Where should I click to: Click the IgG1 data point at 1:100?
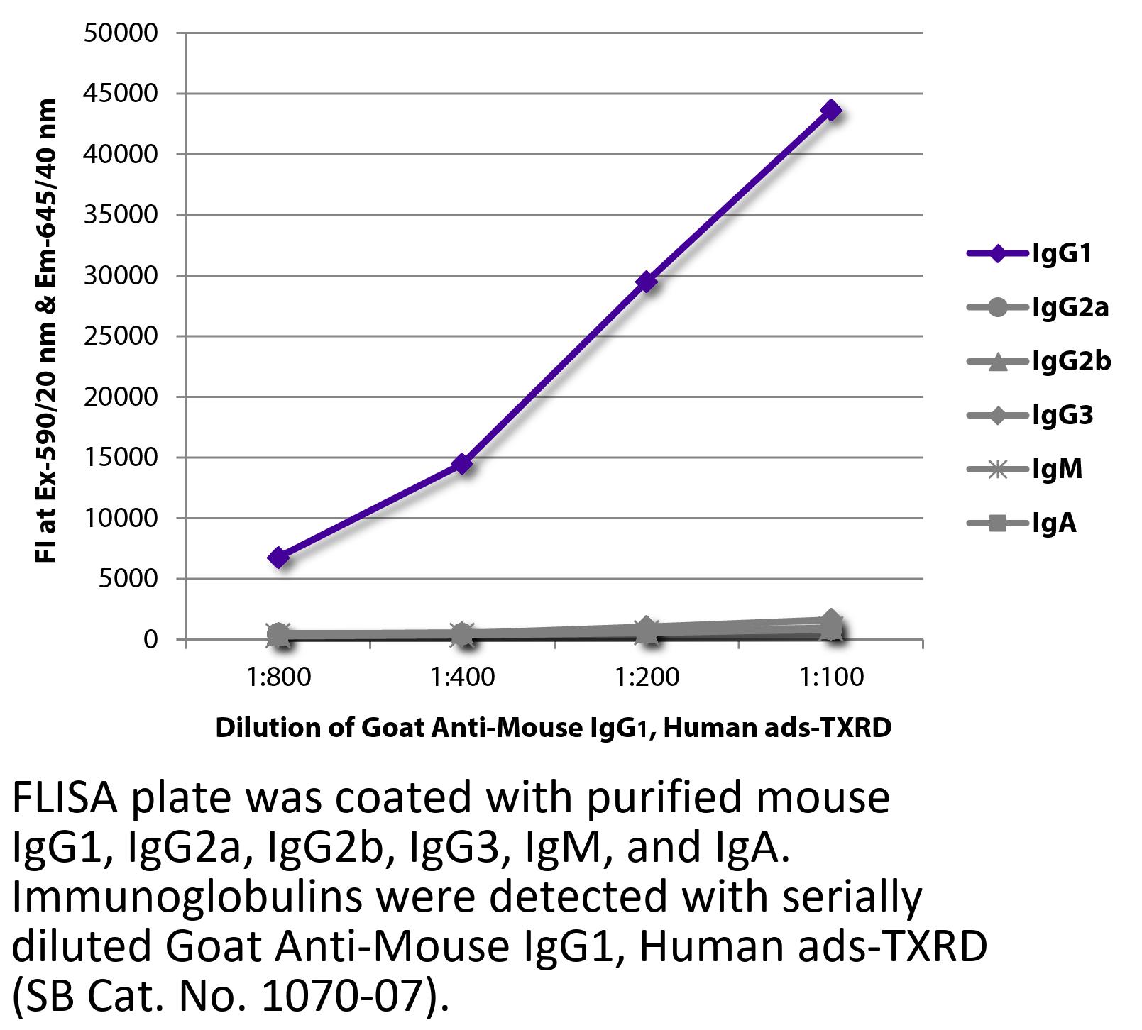(x=831, y=111)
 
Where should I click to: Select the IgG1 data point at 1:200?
(x=646, y=282)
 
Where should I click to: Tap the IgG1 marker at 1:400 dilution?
(x=462, y=464)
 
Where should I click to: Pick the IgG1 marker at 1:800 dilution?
(x=278, y=558)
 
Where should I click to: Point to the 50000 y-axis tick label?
(x=121, y=33)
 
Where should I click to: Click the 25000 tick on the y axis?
(x=121, y=336)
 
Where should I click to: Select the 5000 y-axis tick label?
(x=128, y=579)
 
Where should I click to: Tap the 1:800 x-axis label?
(x=279, y=677)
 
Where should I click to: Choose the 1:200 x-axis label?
(x=647, y=677)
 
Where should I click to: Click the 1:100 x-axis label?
(x=832, y=677)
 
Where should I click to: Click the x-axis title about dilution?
(x=553, y=728)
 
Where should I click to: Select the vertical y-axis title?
(x=46, y=331)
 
